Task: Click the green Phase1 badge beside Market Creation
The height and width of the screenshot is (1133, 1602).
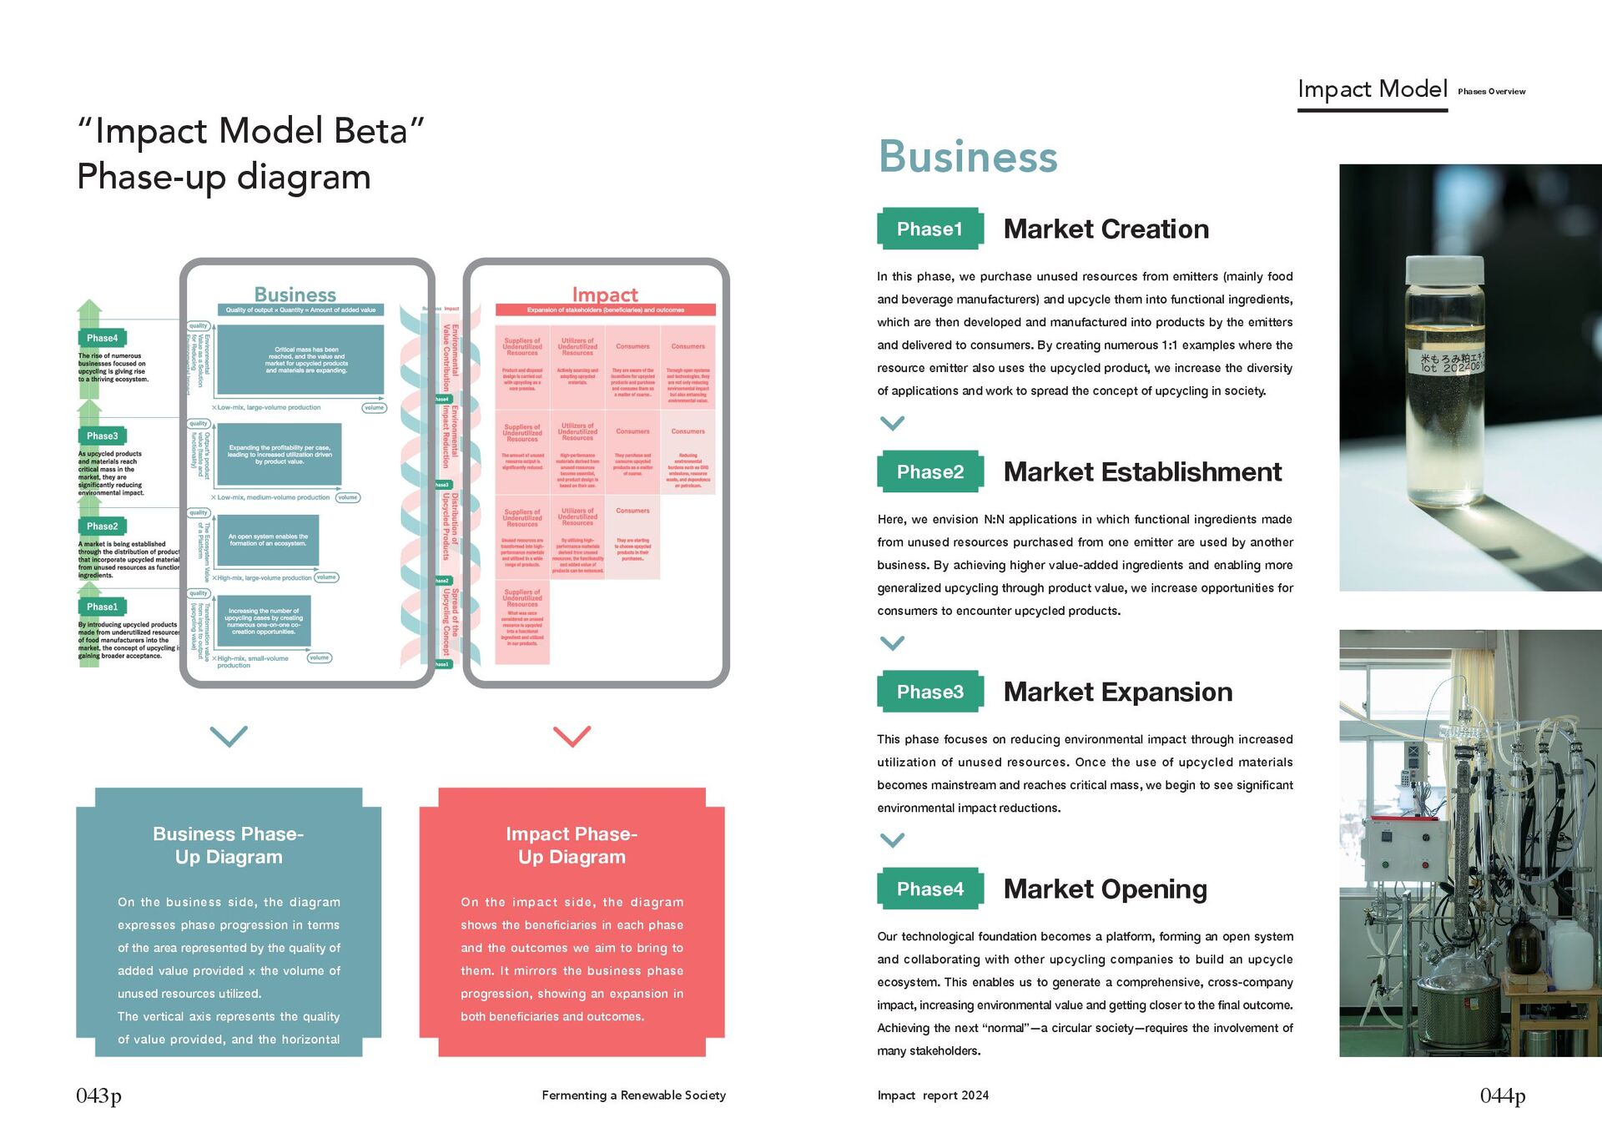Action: coord(929,229)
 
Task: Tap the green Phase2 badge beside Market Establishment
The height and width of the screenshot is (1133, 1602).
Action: coord(929,472)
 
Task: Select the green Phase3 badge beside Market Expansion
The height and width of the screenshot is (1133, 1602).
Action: coord(929,692)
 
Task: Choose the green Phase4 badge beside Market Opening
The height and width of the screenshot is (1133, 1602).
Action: coord(929,889)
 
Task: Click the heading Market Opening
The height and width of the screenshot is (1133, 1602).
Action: coord(1105,889)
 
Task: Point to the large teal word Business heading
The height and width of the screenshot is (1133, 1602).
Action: coord(968,157)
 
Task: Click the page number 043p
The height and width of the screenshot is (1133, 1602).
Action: coord(98,1095)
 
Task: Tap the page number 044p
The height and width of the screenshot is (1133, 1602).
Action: coord(1502,1095)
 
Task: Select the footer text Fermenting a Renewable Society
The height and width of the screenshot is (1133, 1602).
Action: coord(633,1095)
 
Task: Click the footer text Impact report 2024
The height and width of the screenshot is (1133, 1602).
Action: coord(933,1095)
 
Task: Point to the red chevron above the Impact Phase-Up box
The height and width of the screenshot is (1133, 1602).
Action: coord(572,736)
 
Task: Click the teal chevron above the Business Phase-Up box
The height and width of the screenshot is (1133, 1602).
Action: coord(229,736)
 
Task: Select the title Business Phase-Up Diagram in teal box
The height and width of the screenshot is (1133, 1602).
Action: coord(229,845)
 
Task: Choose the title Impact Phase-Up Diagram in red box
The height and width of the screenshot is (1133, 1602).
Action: coord(572,845)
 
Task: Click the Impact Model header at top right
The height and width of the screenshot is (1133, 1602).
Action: coord(1372,89)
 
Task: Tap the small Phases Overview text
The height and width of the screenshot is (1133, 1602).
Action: coord(1491,92)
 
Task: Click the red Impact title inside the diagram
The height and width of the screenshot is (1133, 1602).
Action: coord(605,295)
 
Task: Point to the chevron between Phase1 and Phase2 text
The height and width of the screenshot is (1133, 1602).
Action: coord(892,424)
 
